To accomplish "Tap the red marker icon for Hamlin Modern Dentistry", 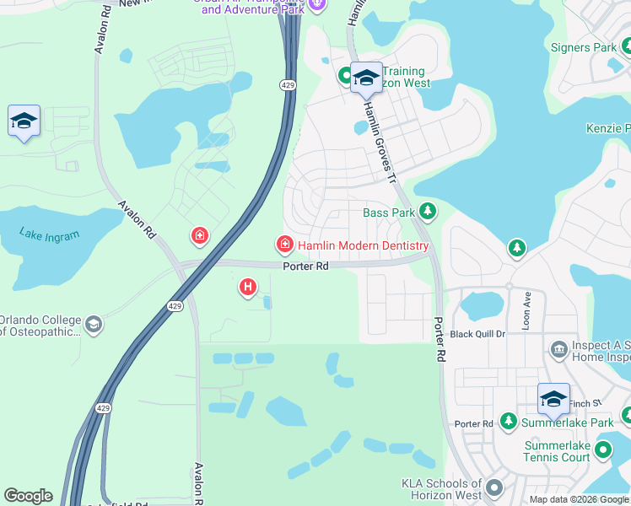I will [285, 245].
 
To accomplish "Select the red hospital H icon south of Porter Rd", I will [248, 288].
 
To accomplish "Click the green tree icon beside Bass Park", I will [429, 212].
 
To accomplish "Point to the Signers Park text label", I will [583, 48].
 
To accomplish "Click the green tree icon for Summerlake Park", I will [508, 421].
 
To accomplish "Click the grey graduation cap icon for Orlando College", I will [94, 325].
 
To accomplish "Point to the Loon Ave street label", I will [527, 310].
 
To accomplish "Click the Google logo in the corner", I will [28, 496].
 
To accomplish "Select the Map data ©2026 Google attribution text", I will [579, 499].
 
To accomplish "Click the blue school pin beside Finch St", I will [553, 399].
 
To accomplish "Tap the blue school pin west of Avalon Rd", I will [24, 121].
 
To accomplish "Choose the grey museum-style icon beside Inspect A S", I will [558, 349].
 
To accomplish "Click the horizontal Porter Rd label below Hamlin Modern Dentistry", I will [305, 266].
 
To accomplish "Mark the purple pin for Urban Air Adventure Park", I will [317, 5].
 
